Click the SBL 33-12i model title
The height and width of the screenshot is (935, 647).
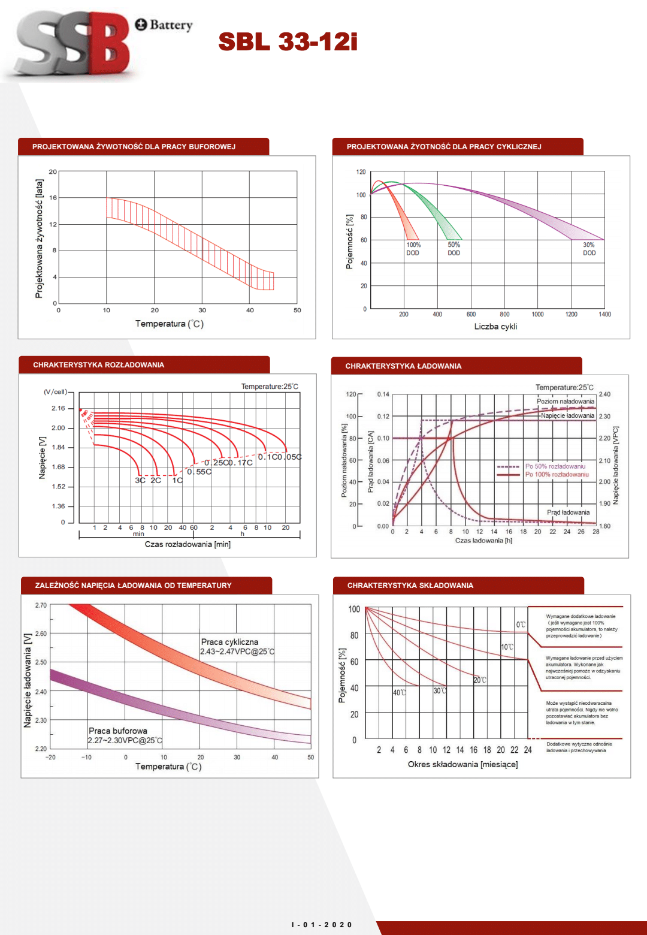288,42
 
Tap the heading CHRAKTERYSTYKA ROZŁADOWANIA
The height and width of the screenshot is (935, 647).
98,365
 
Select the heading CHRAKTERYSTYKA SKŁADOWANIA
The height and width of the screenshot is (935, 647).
410,586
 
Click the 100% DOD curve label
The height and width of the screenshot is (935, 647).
413,249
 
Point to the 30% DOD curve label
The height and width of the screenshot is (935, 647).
589,249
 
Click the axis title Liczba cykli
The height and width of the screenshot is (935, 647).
495,327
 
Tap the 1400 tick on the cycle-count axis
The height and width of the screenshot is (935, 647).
605,314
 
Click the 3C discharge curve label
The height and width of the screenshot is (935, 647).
140,480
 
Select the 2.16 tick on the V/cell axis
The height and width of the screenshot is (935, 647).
58,408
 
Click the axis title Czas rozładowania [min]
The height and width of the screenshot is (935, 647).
188,544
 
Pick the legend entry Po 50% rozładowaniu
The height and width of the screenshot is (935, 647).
555,466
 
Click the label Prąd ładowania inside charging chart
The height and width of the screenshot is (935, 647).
568,512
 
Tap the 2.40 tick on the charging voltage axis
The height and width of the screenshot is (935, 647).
604,394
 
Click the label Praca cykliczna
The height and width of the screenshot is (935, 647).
229,642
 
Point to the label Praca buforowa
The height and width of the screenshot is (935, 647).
118,731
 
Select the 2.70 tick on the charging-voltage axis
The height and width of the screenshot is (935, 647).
41,605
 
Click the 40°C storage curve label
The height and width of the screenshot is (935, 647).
399,693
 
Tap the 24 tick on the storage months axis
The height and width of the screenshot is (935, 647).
528,750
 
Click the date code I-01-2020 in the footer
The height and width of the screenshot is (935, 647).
322,925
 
